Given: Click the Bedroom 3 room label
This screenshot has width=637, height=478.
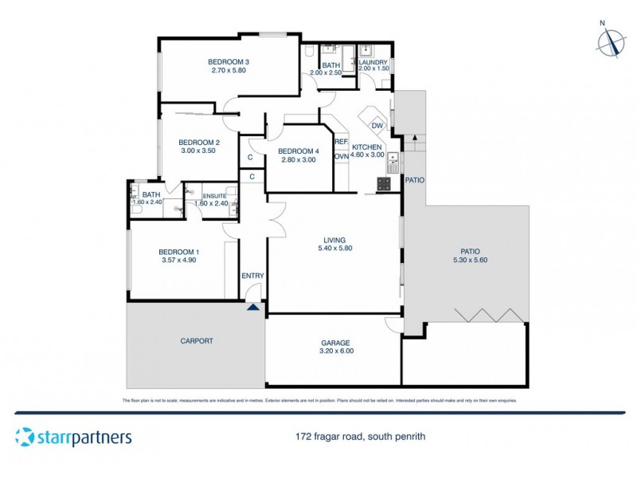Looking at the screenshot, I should pyautogui.click(x=229, y=62).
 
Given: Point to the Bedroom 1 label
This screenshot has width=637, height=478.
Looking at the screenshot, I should pyautogui.click(x=179, y=252).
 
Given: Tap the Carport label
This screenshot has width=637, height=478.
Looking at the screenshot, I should pyautogui.click(x=196, y=341).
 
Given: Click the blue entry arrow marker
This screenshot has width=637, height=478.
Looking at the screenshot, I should pyautogui.click(x=252, y=306).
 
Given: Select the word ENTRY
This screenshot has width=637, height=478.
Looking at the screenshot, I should pyautogui.click(x=252, y=276).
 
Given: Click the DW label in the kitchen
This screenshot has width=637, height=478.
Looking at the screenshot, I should pyautogui.click(x=377, y=126).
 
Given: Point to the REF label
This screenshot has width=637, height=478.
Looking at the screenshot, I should pyautogui.click(x=341, y=142).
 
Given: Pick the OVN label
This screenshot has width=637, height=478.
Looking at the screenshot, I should pyautogui.click(x=341, y=156).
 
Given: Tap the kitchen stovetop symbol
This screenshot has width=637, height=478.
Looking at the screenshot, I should pyautogui.click(x=383, y=184).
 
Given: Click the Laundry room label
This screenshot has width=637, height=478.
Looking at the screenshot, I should pyautogui.click(x=373, y=62).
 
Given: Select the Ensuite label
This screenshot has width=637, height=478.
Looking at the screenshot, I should pyautogui.click(x=214, y=196).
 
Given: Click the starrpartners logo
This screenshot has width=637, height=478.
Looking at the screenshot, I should pyautogui.click(x=73, y=437).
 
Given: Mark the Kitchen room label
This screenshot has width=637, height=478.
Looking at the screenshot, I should pyautogui.click(x=366, y=147).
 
